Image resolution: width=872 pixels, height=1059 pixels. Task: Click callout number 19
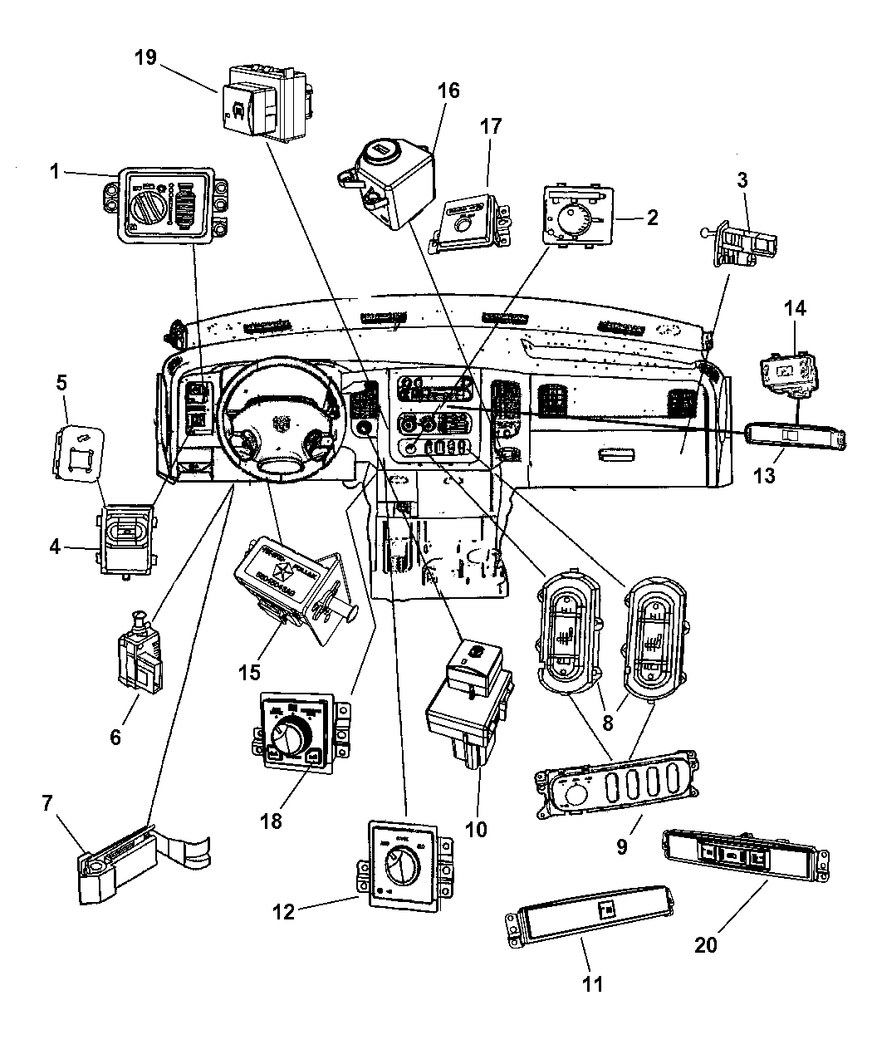click(x=146, y=57)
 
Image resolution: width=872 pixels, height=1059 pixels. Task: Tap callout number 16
click(x=448, y=91)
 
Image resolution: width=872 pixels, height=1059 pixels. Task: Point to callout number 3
click(x=742, y=179)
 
